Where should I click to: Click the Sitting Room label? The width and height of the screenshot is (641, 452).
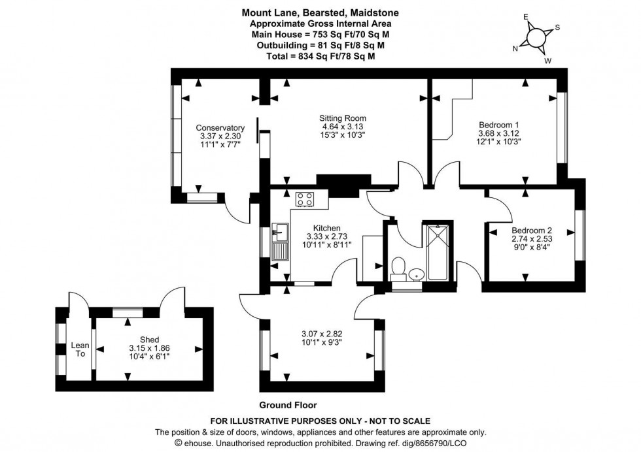tap(338, 118)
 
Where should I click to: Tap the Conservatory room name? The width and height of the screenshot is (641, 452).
tap(220, 128)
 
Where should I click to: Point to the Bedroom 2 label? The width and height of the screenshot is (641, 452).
tap(532, 230)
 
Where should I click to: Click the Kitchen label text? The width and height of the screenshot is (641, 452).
tap(326, 228)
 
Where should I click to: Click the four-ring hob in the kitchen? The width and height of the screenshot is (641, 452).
tap(305, 199)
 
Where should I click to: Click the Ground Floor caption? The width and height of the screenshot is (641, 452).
tap(288, 405)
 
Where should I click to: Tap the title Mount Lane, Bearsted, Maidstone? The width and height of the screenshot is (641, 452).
tap(320, 12)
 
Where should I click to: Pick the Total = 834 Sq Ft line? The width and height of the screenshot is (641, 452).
tap(320, 56)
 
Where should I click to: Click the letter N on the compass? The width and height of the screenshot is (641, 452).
tap(516, 48)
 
